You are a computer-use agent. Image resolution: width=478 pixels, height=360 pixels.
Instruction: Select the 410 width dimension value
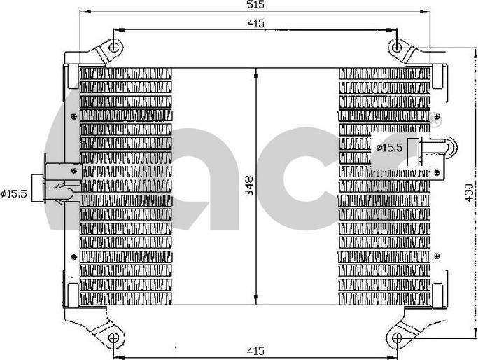[255, 24]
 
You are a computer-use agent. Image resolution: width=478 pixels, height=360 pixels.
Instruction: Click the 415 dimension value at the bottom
[255, 349]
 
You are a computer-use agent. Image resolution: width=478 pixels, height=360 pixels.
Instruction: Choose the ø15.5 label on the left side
[15, 193]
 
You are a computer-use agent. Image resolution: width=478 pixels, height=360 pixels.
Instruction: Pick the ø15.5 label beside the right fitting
[389, 147]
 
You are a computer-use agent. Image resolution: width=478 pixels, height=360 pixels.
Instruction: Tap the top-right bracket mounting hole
[398, 48]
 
